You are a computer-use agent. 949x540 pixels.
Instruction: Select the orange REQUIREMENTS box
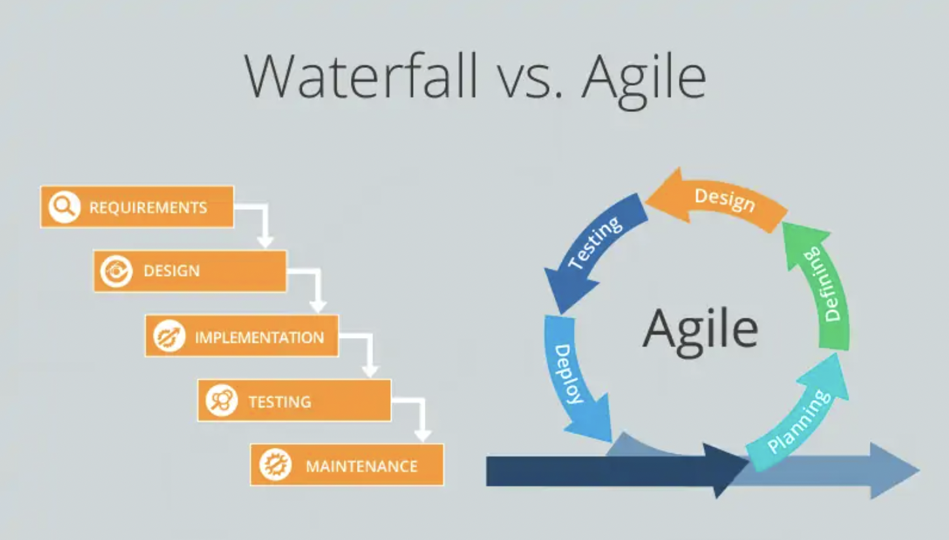[137, 207]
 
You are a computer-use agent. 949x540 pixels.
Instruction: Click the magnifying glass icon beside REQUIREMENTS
[64, 207]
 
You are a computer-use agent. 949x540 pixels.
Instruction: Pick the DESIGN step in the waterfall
[190, 271]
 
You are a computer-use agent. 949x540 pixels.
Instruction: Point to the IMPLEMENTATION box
[242, 336]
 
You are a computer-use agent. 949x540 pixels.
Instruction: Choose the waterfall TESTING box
[294, 400]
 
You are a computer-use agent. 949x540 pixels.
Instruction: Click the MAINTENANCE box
[347, 465]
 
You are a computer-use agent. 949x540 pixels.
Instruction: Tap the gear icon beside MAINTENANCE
[275, 465]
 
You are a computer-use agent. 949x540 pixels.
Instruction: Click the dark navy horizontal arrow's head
[725, 469]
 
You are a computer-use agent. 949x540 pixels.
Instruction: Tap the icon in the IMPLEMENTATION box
[169, 336]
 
